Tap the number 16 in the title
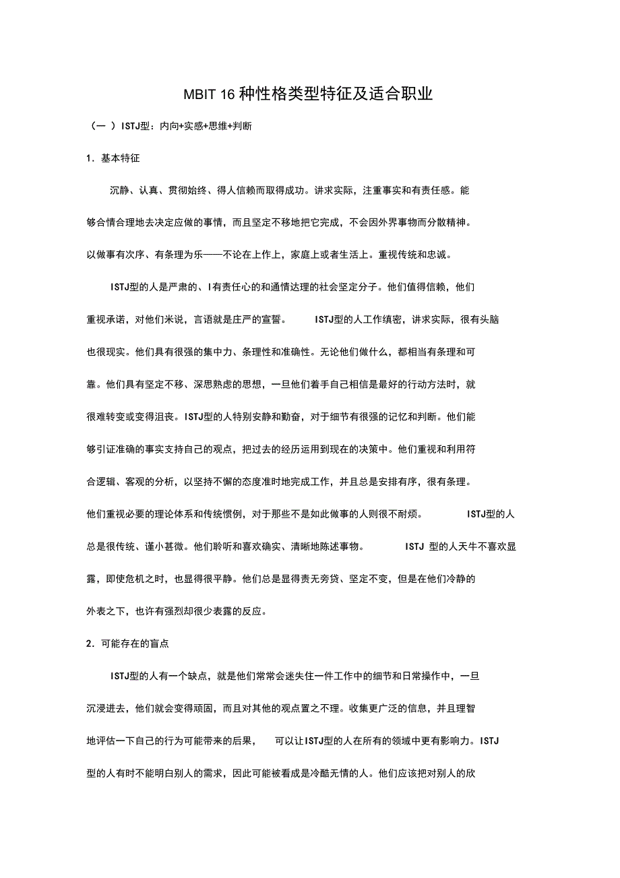click(227, 94)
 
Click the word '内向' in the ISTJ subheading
click(168, 126)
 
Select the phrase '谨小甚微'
click(164, 546)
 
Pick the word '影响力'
click(461, 741)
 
